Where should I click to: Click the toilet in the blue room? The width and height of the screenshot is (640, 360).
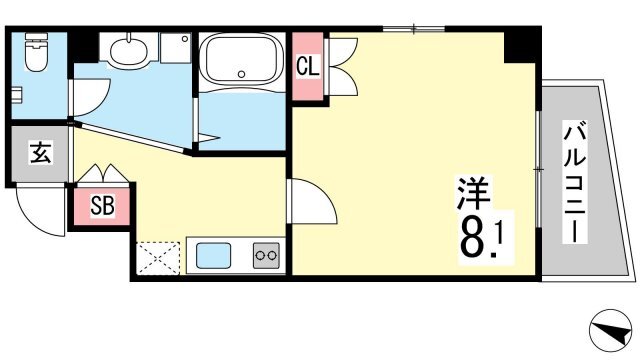36,51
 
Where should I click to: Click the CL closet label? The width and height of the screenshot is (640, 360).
308,66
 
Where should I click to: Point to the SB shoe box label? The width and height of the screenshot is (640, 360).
102,205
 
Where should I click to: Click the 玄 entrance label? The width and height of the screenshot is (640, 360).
40,153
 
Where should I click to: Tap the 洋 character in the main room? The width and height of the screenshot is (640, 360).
473,193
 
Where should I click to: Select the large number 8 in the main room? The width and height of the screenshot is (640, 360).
474,237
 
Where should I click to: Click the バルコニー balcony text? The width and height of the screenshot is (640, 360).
575,182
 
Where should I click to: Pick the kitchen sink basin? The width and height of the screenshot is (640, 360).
213,256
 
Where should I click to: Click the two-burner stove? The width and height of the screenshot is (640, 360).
266,256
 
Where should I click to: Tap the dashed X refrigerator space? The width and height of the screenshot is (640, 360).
158,258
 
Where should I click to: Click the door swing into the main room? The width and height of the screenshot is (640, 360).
312,201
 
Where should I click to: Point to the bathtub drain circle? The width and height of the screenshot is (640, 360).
242,74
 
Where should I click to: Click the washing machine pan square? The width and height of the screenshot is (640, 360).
176,48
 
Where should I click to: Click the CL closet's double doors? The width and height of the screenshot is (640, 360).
342,67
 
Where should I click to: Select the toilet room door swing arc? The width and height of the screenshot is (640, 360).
92,98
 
